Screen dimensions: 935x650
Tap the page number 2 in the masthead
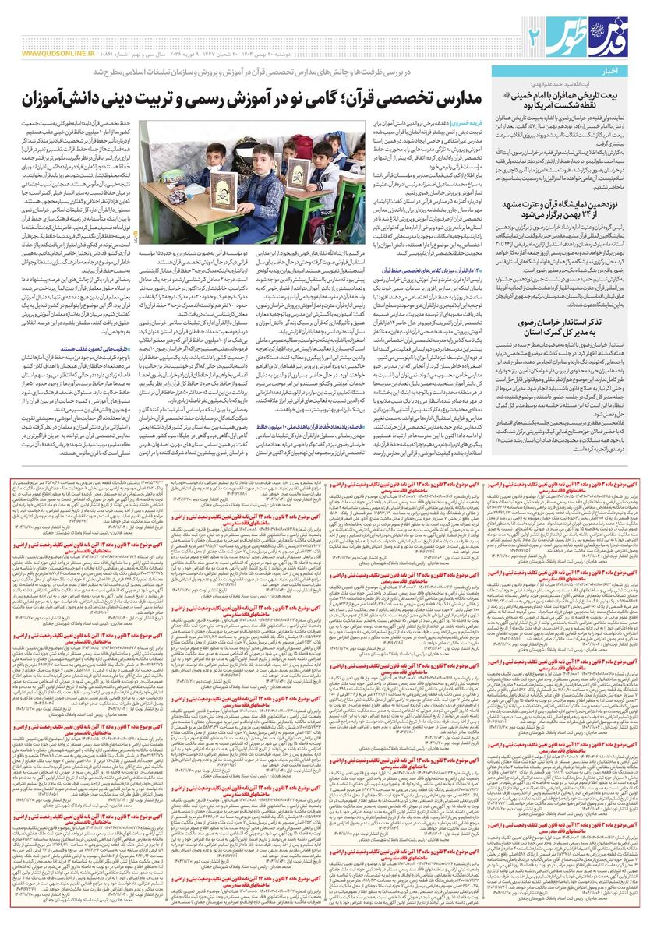(x=535, y=35)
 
